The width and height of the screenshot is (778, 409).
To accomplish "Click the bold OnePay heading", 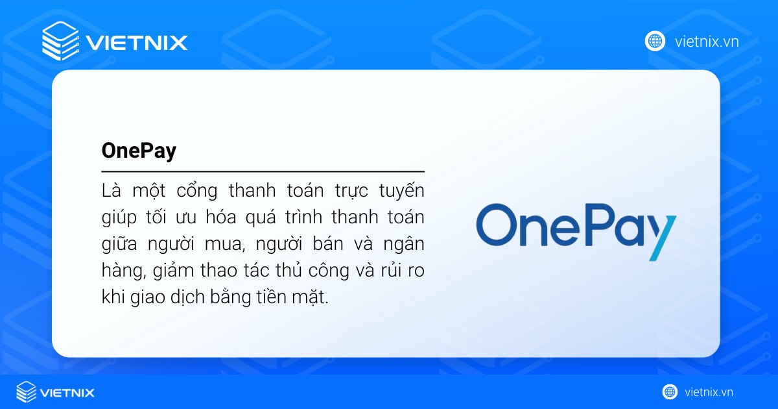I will pos(139,151).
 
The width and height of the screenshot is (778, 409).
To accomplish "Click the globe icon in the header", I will pos(655,42).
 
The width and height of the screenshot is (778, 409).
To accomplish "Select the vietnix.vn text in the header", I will pos(707,42).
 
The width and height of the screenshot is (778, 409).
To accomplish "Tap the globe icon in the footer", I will pos(670,392).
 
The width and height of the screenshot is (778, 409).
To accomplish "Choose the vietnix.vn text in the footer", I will pos(709,392).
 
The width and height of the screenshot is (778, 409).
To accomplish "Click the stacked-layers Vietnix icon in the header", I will pos(60,41).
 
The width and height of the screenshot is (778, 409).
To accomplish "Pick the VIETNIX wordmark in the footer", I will pos(67,392).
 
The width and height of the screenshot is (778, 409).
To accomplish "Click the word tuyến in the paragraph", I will pos(400,192).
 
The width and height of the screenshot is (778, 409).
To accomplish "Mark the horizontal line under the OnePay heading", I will pos(263,172).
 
